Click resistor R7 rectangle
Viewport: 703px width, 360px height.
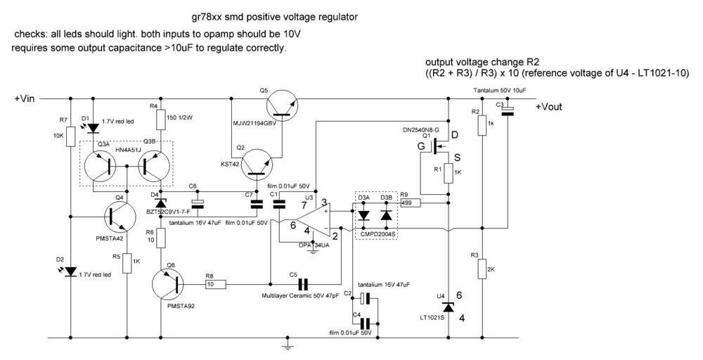click(71, 136)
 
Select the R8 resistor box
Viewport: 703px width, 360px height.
click(214, 284)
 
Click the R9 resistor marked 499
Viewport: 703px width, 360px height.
click(409, 203)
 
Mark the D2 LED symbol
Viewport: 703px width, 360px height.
click(70, 271)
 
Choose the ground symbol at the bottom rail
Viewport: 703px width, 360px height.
click(288, 345)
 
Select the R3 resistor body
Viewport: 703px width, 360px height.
click(482, 268)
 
